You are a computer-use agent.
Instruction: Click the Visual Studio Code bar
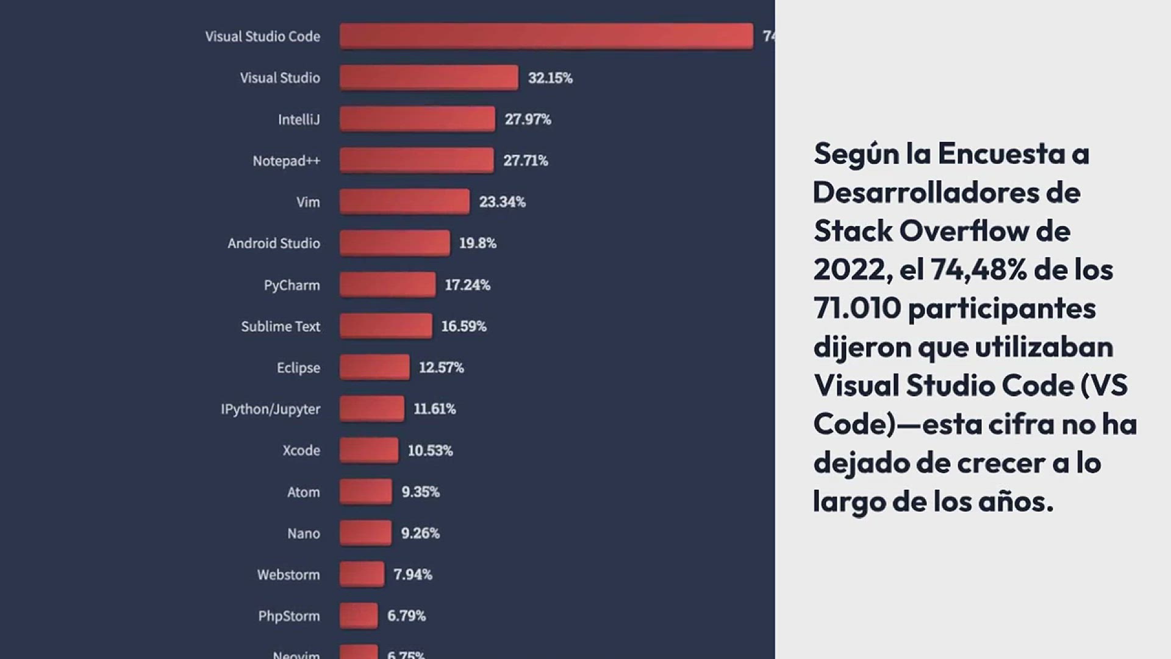546,36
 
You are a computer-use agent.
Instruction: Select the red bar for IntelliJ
417,119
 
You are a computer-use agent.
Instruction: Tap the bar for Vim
404,201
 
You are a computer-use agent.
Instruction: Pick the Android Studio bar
395,243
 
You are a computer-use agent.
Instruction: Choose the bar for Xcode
369,450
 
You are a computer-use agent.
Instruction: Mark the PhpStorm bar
359,616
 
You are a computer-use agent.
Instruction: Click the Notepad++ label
286,160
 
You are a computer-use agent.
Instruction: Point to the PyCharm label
292,285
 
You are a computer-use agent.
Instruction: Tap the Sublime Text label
281,326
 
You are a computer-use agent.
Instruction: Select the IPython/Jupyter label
270,409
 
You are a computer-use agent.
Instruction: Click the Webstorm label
288,575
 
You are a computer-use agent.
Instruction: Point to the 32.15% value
550,77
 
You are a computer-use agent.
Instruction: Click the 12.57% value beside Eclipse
441,367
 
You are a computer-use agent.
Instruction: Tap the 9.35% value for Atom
420,492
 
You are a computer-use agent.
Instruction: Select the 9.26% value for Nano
420,533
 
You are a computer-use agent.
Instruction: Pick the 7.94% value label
412,574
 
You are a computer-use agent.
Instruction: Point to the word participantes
1001,309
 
